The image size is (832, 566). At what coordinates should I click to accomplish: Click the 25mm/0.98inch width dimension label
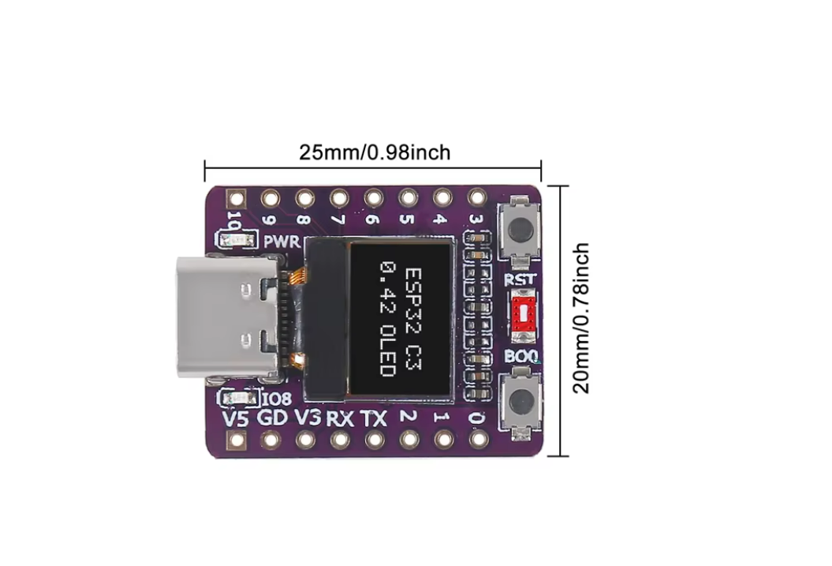click(x=375, y=152)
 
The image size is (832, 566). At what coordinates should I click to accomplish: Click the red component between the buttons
click(x=521, y=312)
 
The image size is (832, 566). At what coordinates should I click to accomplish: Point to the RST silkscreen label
click(x=520, y=279)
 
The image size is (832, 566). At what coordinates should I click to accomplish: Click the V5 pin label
click(x=236, y=418)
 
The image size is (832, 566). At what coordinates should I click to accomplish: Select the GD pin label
click(x=272, y=418)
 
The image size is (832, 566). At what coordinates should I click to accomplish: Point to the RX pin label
click(x=340, y=418)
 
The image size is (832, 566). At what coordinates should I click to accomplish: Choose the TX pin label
click(x=373, y=418)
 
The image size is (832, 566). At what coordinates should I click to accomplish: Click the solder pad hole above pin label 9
click(x=270, y=197)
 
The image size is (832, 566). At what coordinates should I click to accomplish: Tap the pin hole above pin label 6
click(x=373, y=197)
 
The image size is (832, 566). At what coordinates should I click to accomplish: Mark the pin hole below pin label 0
click(x=476, y=439)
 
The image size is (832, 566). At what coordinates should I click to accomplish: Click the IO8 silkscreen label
click(x=275, y=399)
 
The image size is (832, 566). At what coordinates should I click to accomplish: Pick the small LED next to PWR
click(x=236, y=239)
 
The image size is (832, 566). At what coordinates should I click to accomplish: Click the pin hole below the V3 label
click(x=306, y=439)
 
